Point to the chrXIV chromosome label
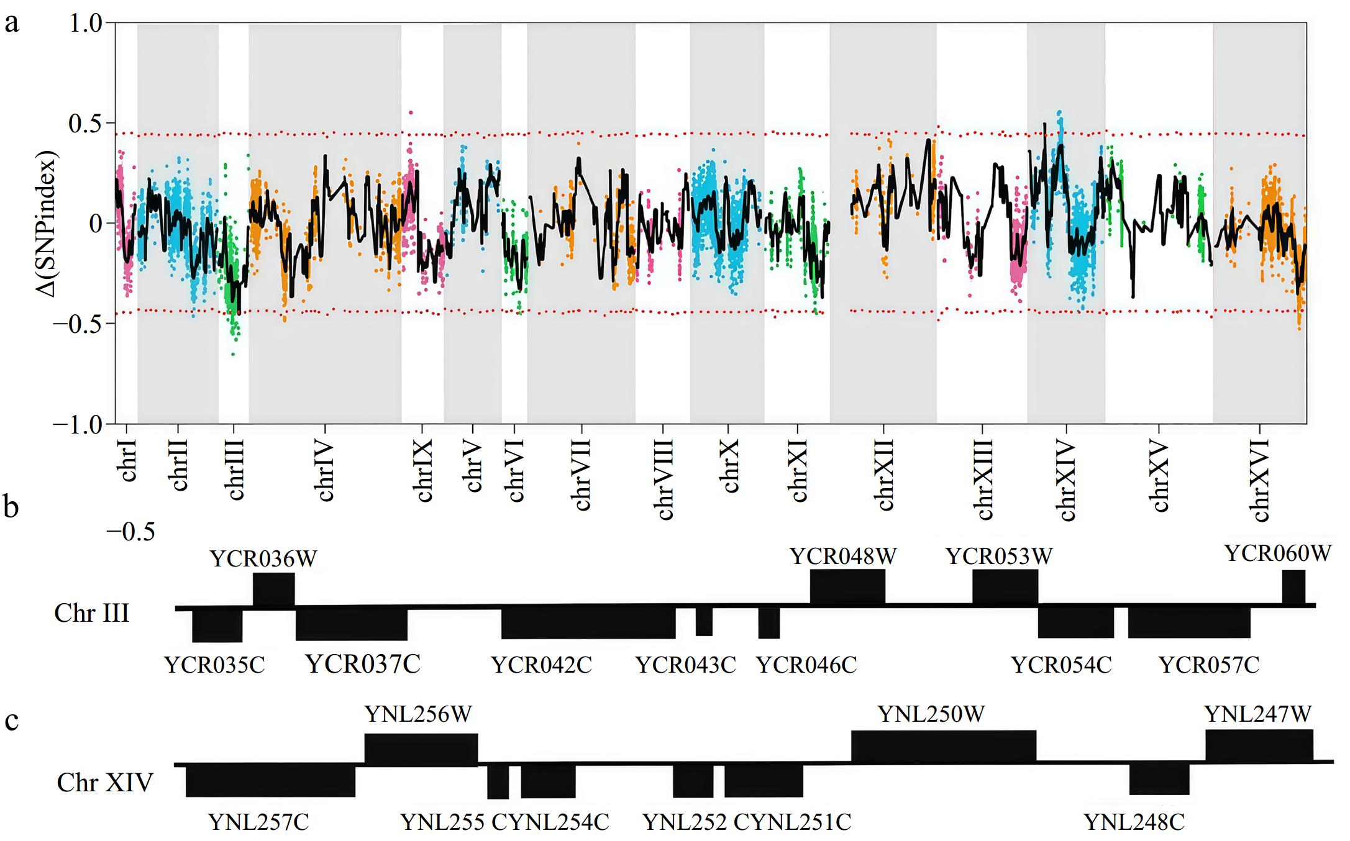(x=1066, y=480)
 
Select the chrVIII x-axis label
(x=664, y=479)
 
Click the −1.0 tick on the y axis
(x=77, y=425)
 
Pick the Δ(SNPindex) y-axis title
(x=47, y=224)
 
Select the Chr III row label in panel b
(x=92, y=613)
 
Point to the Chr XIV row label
(x=104, y=783)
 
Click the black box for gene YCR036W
(x=274, y=589)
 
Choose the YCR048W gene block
(x=847, y=586)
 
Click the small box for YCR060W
(x=1293, y=586)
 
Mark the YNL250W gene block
(x=943, y=746)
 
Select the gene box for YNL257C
(x=270, y=780)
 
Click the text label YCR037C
(x=363, y=664)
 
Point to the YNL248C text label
(x=1134, y=822)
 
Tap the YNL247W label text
(x=1257, y=714)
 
